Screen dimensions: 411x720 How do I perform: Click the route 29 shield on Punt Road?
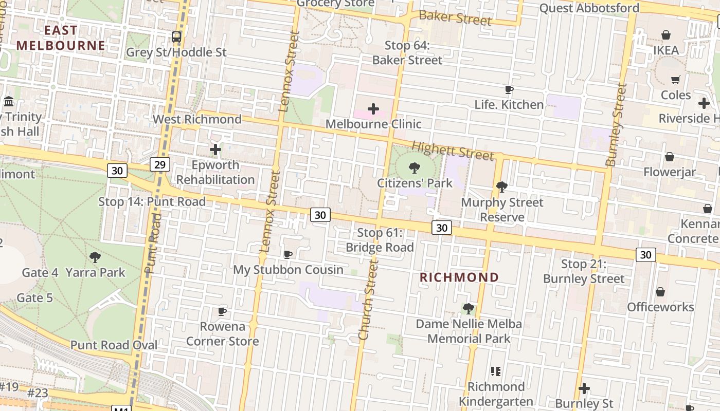pyautogui.click(x=160, y=164)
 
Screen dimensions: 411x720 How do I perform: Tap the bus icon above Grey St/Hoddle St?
pyautogui.click(x=176, y=36)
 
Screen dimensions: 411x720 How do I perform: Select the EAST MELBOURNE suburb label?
pyautogui.click(x=61, y=38)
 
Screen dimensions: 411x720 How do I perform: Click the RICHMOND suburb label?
pyautogui.click(x=459, y=277)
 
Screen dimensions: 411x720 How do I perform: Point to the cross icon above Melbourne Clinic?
pyautogui.click(x=373, y=108)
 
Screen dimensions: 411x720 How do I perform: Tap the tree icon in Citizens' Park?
pyautogui.click(x=415, y=168)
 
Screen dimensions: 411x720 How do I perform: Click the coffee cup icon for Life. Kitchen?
pyautogui.click(x=509, y=90)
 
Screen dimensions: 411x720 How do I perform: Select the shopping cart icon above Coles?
pyautogui.click(x=675, y=80)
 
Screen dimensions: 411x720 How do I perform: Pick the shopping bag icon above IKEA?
pyautogui.click(x=666, y=35)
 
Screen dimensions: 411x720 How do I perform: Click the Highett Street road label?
pyautogui.click(x=453, y=151)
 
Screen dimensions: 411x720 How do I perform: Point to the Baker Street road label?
pyautogui.click(x=455, y=18)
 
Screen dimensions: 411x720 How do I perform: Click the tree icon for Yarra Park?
pyautogui.click(x=95, y=257)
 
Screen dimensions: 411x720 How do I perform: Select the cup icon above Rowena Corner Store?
pyautogui.click(x=222, y=311)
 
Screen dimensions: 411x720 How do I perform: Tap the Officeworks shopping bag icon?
pyautogui.click(x=660, y=292)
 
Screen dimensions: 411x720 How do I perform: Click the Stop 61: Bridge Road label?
pyautogui.click(x=380, y=240)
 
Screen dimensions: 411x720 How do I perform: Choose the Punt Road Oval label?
pyautogui.click(x=114, y=345)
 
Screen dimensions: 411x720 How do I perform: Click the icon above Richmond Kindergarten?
pyautogui.click(x=496, y=371)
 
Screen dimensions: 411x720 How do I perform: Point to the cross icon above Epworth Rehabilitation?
pyautogui.click(x=215, y=150)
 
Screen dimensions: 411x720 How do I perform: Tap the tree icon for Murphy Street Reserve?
pyautogui.click(x=501, y=187)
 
